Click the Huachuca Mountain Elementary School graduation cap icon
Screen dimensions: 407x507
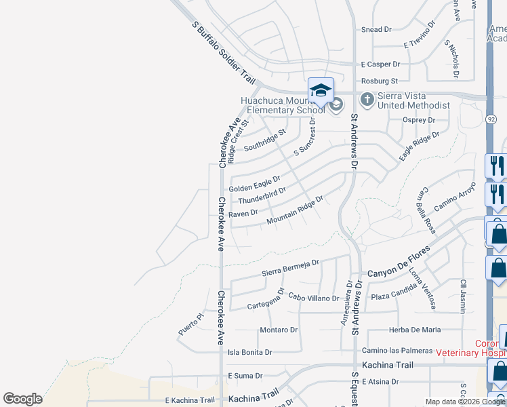(321, 90)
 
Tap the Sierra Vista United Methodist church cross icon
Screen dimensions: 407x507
(367, 100)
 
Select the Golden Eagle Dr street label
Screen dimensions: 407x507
(254, 184)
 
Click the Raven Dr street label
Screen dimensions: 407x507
(243, 213)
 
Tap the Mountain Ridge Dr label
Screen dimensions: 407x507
(295, 211)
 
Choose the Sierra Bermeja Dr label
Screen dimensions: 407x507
(290, 267)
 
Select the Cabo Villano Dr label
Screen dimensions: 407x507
(313, 298)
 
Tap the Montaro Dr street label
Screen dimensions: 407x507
(279, 330)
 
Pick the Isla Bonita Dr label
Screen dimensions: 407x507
(249, 352)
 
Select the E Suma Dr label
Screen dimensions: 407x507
(245, 375)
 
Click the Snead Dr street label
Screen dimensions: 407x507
(376, 30)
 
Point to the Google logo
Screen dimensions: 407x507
(22, 399)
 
